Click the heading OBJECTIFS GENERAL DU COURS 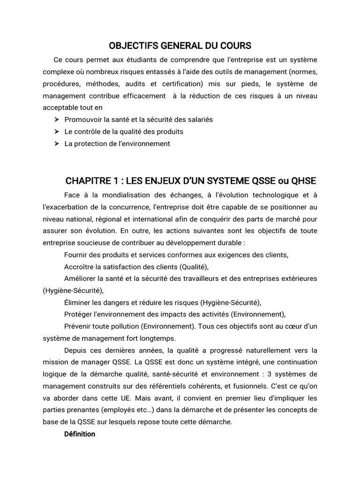coord(180,45)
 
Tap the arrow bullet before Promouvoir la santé coord(57,120)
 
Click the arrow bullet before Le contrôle coord(57,132)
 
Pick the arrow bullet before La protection coord(57,144)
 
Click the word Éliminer coord(78,302)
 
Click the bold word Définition coord(80,434)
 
